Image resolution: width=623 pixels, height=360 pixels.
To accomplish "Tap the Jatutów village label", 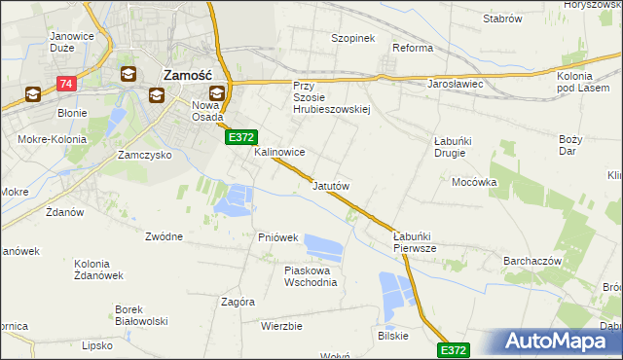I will pyautogui.click(x=331, y=185).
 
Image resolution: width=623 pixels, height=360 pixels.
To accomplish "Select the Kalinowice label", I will pyautogui.click(x=279, y=153).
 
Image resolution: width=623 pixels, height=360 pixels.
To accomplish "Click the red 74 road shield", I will pyautogui.click(x=66, y=86).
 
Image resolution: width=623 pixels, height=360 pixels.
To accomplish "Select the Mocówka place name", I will pyautogui.click(x=475, y=182).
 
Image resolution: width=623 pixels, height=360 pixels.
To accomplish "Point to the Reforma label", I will pyautogui.click(x=412, y=48).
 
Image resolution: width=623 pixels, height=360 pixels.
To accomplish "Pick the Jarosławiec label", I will pyautogui.click(x=456, y=85).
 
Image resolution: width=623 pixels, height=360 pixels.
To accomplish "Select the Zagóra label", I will pyautogui.click(x=238, y=302).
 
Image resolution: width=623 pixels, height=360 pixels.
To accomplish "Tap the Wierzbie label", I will pyautogui.click(x=281, y=326).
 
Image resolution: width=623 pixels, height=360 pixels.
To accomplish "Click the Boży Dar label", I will pyautogui.click(x=570, y=145).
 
